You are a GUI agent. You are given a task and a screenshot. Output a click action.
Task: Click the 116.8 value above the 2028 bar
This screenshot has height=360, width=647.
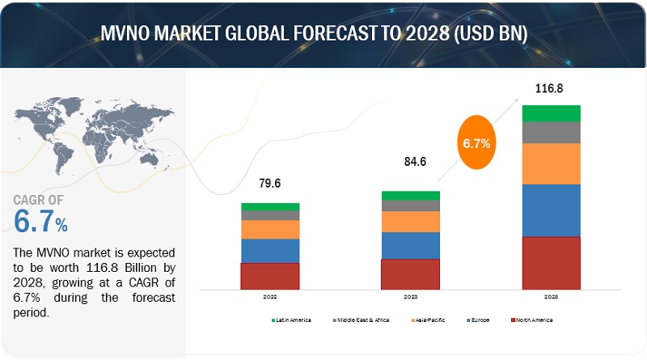tap(550, 87)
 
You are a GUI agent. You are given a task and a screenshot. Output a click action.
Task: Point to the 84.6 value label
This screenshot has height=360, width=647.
tap(410, 163)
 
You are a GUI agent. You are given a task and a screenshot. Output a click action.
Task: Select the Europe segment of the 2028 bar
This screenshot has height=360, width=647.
tap(551, 210)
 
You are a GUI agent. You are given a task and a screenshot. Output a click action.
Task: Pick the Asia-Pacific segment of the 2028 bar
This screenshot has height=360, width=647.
tap(551, 163)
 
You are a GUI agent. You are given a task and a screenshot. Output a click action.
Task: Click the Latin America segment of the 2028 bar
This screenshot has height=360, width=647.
tap(551, 113)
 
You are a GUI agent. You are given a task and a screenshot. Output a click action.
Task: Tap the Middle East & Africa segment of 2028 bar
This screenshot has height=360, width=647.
tap(551, 133)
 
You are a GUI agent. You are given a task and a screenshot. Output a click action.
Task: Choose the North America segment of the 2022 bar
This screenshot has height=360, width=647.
tap(270, 276)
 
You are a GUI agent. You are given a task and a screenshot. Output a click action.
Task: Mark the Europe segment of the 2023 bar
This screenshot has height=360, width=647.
tap(410, 245)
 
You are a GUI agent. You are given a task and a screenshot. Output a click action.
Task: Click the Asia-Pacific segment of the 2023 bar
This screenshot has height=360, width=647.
tap(410, 222)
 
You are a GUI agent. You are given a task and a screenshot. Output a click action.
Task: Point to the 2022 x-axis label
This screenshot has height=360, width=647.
tap(269, 297)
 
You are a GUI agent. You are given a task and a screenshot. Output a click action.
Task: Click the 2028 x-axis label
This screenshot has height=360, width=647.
tap(550, 297)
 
